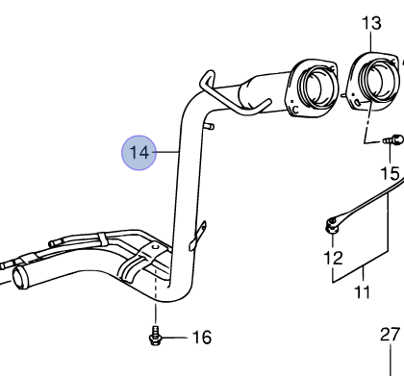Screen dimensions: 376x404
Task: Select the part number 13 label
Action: pos(370,22)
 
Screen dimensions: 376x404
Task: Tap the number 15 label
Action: pos(388,174)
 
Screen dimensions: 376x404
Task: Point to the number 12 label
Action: pos(332,257)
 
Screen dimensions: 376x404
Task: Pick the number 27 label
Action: pos(389,336)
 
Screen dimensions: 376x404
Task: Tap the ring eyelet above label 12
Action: pos(330,227)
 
